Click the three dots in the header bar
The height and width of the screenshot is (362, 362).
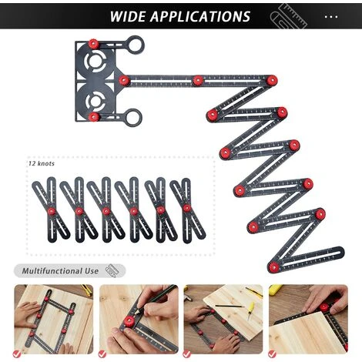coord(331,16)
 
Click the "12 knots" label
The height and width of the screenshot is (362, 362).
coord(43,164)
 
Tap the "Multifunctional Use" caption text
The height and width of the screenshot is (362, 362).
coord(60,271)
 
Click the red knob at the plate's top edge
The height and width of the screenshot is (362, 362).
coord(94,43)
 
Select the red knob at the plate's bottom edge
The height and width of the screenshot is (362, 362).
coord(94,117)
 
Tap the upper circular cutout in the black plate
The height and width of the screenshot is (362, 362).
coord(98,62)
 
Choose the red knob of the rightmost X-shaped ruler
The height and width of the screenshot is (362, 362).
coord(187,207)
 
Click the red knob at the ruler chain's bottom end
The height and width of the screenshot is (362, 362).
coord(274,267)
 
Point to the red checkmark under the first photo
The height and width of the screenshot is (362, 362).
coord(18,354)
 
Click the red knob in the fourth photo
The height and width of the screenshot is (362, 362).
coord(324,307)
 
